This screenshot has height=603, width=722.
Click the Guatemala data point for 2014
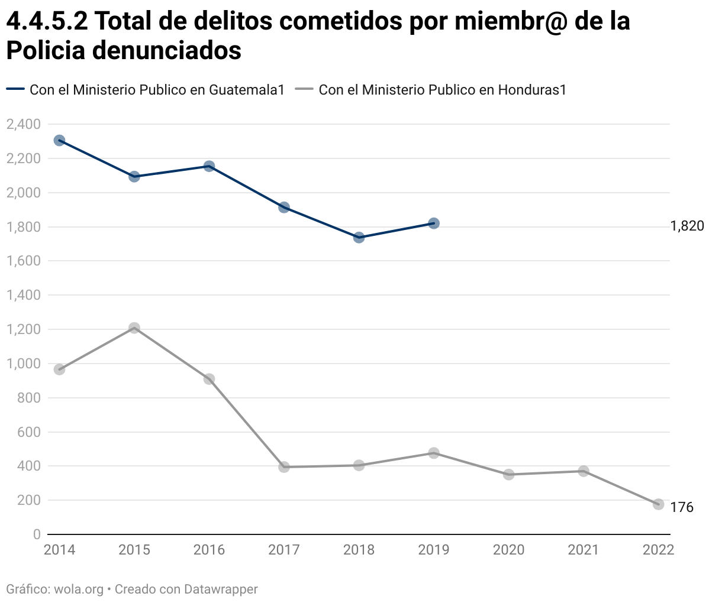(59, 140)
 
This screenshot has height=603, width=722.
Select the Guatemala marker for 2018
(359, 238)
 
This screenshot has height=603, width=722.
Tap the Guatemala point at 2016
(209, 166)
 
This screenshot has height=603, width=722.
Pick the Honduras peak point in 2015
(134, 328)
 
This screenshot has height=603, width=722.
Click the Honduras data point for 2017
(284, 467)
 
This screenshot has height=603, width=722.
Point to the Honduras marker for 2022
(658, 504)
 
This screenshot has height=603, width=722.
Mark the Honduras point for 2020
(508, 474)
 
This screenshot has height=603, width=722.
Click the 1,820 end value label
(687, 226)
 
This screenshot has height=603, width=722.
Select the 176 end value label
(682, 507)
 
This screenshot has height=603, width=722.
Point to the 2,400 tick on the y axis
(24, 124)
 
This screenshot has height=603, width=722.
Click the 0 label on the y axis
(37, 534)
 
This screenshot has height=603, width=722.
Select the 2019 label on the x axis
(434, 550)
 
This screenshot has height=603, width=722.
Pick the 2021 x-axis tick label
(584, 550)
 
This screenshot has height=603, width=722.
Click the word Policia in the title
(46, 50)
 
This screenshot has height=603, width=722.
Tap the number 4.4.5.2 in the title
(47, 21)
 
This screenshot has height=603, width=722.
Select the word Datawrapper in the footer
(221, 589)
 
